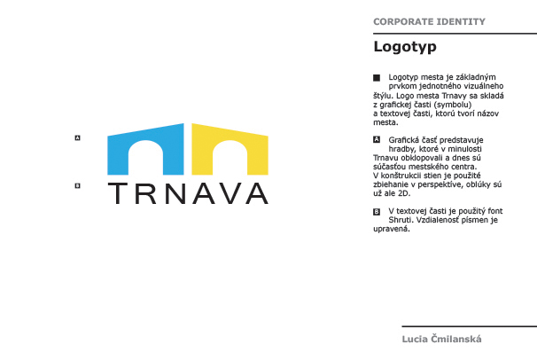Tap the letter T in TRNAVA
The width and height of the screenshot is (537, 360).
click(x=117, y=193)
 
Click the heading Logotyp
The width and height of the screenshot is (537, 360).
click(x=405, y=46)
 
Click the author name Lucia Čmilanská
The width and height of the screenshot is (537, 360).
click(x=442, y=339)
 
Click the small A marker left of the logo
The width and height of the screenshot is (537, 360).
click(x=78, y=138)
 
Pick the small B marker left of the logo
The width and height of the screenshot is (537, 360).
click(x=78, y=185)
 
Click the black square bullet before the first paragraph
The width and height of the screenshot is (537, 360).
click(x=377, y=79)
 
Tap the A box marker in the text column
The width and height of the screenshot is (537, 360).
click(x=377, y=140)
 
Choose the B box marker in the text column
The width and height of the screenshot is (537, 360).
click(x=377, y=211)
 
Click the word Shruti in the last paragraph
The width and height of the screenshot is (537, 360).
click(x=402, y=220)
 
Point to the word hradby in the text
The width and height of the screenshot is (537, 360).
click(x=402, y=149)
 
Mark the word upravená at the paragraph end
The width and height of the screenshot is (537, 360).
click(x=392, y=229)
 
